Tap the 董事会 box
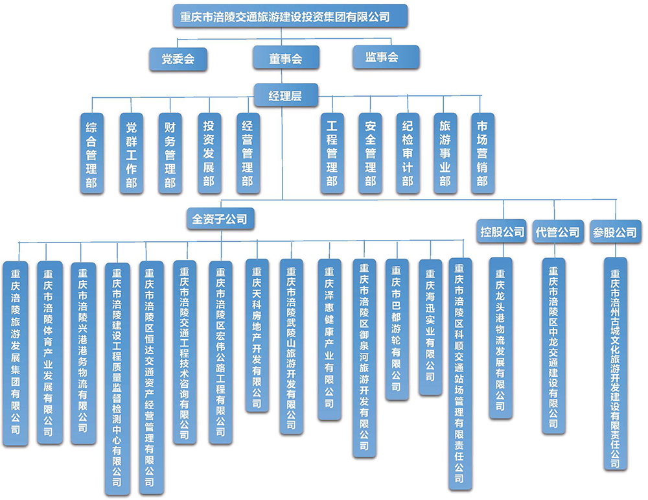(x=286, y=58)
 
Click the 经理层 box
(x=285, y=97)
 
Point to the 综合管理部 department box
(x=91, y=154)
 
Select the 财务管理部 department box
(x=170, y=154)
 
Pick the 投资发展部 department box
(x=208, y=154)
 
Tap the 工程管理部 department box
(x=332, y=154)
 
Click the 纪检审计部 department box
(x=407, y=154)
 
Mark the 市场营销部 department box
(x=482, y=154)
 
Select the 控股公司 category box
(x=502, y=232)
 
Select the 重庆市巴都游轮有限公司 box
(x=396, y=329)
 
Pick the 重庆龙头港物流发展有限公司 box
(x=500, y=337)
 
